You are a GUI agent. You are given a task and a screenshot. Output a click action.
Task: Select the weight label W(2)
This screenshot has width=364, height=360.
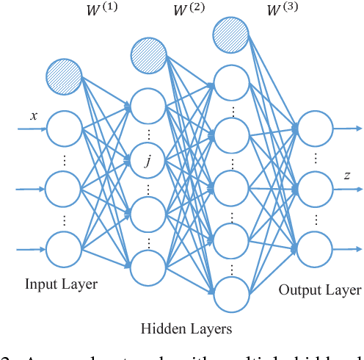189,11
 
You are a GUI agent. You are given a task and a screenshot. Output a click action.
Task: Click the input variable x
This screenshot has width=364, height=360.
33,115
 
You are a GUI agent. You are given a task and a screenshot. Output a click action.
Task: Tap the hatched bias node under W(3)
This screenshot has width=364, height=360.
231,33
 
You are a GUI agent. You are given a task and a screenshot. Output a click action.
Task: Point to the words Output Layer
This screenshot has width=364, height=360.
319,289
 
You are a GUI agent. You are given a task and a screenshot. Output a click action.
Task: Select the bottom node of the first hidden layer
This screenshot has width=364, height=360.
149,267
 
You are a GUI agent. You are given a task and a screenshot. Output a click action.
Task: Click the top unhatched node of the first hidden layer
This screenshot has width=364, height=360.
149,105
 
